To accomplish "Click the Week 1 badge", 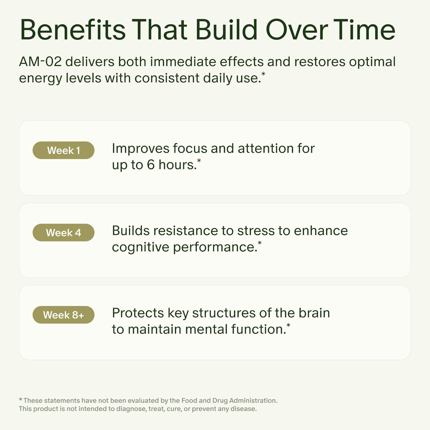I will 63,150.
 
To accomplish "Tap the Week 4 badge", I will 63,232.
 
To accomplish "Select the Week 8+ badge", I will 63,315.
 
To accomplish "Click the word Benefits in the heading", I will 73,30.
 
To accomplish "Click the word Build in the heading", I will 226,30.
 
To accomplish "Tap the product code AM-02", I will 40,62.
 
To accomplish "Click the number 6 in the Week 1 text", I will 151,165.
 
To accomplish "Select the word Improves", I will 140,148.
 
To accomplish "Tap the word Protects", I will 138,313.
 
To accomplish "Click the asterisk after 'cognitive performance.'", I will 259,243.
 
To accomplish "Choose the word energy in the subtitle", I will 40,79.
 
